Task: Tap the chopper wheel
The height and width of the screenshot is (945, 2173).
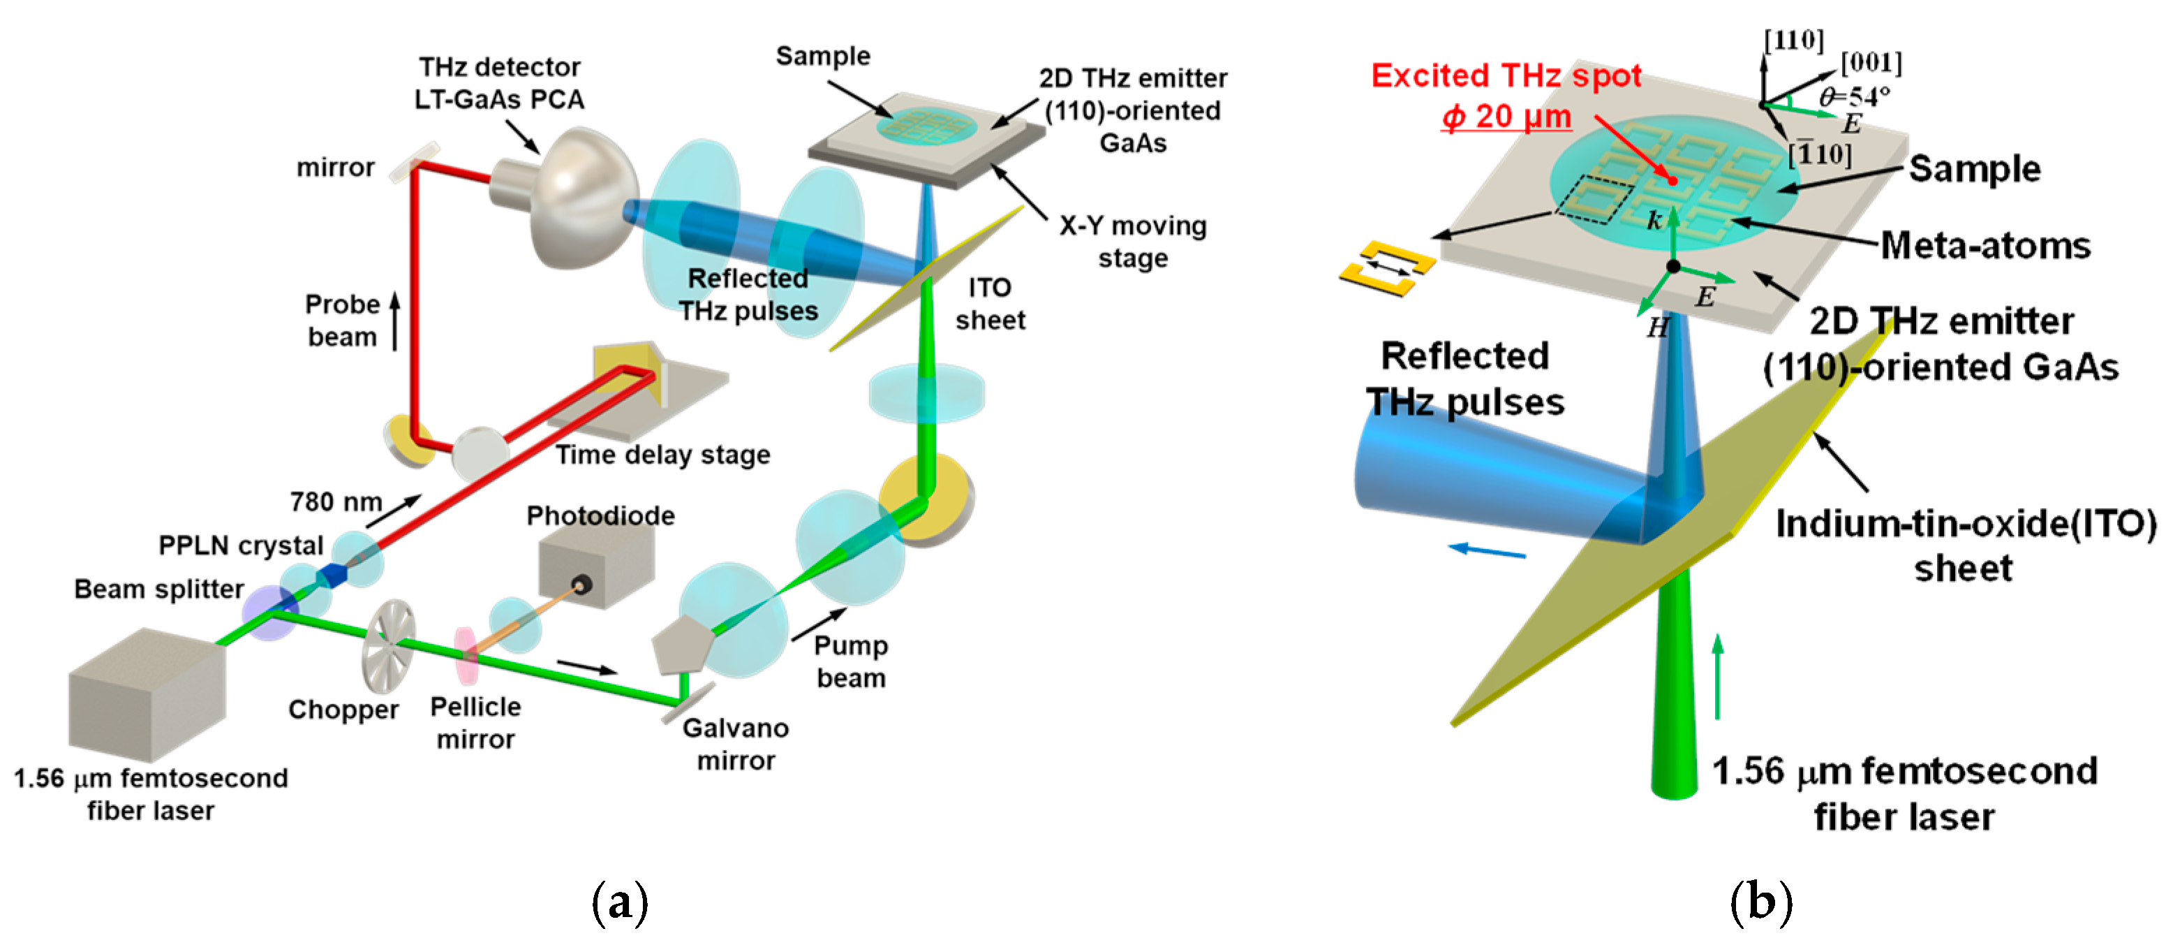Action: point(389,645)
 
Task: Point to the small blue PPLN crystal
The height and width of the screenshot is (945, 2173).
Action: point(332,576)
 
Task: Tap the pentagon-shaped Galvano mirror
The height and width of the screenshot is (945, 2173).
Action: point(681,643)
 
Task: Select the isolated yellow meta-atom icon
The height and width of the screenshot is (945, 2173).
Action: point(1387,268)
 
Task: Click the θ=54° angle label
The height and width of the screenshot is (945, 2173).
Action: point(1854,96)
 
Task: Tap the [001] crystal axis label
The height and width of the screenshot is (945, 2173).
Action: point(1871,62)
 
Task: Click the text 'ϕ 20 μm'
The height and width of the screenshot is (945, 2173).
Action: point(1506,117)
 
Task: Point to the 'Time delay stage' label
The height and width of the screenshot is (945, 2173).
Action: point(662,455)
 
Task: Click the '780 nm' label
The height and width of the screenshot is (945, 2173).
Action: point(336,502)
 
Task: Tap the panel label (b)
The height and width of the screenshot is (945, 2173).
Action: point(1760,903)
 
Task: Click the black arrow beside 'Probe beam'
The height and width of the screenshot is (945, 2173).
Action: point(395,321)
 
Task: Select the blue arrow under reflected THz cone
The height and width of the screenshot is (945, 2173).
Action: point(1486,551)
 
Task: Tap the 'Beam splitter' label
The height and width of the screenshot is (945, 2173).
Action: point(158,589)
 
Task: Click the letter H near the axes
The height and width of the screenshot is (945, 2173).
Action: point(1658,328)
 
